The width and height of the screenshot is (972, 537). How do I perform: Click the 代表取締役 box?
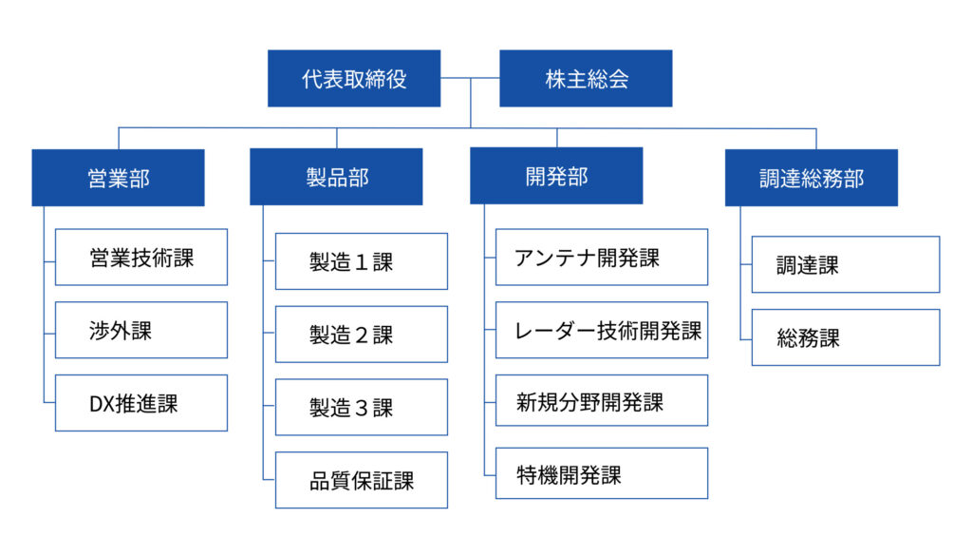click(354, 79)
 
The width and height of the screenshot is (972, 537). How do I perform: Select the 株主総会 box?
click(586, 79)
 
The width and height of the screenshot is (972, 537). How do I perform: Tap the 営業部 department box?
click(118, 178)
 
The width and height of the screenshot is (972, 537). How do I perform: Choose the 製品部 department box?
click(336, 177)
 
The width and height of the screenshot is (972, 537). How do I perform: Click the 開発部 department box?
click(556, 176)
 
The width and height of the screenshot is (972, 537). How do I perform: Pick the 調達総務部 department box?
click(811, 178)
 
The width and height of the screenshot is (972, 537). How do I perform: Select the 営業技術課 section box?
click(141, 257)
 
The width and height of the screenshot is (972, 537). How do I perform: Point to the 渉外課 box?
click(141, 330)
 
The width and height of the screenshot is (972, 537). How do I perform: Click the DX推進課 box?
click(141, 403)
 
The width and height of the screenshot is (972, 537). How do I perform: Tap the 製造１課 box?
click(361, 261)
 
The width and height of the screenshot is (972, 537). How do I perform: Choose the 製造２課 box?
click(361, 335)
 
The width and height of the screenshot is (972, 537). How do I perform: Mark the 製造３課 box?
click(361, 408)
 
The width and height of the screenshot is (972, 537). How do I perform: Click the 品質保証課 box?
click(361, 481)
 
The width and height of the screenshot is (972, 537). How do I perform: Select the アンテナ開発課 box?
click(601, 257)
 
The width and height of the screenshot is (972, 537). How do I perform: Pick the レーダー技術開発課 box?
click(601, 330)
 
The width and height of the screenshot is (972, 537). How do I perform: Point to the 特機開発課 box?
click(601, 473)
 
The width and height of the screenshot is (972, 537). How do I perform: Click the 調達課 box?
click(846, 265)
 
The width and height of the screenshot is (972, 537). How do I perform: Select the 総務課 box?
click(846, 337)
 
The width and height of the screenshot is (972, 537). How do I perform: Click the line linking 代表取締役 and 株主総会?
click(470, 79)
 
